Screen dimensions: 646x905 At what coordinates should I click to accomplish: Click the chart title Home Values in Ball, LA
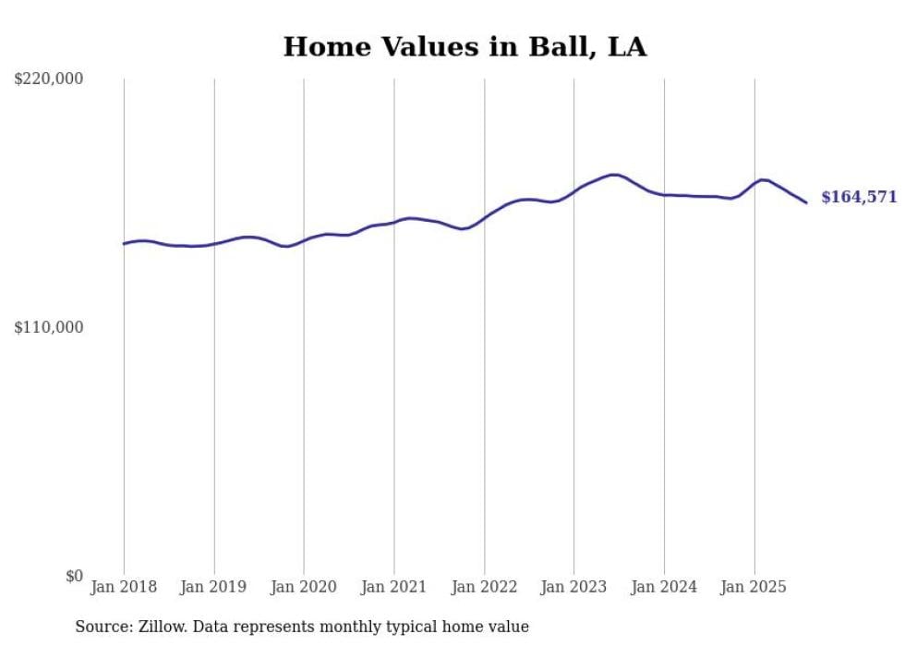point(465,47)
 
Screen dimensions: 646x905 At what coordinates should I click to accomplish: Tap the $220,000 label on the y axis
point(49,79)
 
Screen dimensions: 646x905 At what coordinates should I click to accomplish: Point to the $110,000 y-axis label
point(49,327)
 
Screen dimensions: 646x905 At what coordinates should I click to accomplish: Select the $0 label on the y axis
point(74,576)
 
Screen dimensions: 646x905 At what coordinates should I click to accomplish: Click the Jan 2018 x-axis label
point(124,587)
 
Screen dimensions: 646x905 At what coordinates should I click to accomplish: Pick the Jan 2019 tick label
point(214,587)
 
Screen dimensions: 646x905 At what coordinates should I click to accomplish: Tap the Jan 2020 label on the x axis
point(304,587)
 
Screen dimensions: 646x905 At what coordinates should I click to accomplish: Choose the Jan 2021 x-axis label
point(393,587)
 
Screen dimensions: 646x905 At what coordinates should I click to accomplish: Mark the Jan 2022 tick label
point(484,587)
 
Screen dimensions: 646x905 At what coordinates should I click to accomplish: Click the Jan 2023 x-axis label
point(573,587)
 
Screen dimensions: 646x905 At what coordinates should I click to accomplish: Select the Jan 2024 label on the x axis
point(664,587)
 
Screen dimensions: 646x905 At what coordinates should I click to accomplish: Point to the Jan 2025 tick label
point(754,587)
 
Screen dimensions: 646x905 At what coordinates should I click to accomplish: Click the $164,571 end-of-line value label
point(858,197)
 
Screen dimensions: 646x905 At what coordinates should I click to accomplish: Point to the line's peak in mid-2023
point(613,175)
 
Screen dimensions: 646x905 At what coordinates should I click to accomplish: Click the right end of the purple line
point(806,202)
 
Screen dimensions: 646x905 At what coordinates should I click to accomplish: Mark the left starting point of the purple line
point(124,244)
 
